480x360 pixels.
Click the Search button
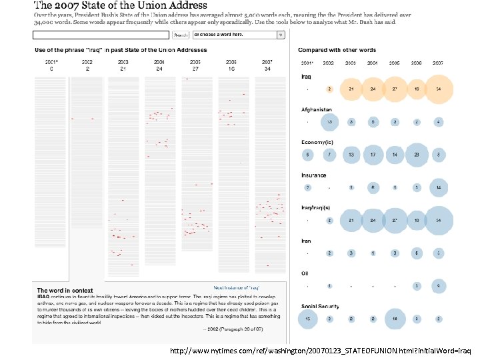tap(181, 35)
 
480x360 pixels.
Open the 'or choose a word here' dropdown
tap(239, 35)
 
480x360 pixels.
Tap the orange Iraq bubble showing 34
tap(437, 89)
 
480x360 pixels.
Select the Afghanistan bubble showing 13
tap(329, 122)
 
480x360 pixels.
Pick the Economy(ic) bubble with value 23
tap(417, 155)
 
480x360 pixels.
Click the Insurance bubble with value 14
tap(438, 188)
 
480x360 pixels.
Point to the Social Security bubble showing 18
tap(395, 319)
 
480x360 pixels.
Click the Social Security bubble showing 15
tap(308, 319)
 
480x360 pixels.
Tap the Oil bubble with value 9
tap(438, 286)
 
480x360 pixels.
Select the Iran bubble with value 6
tap(417, 253)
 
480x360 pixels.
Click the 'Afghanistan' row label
tap(315, 109)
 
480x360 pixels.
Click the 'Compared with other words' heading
tap(337, 50)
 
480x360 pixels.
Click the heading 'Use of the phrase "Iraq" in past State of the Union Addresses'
tap(121, 50)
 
